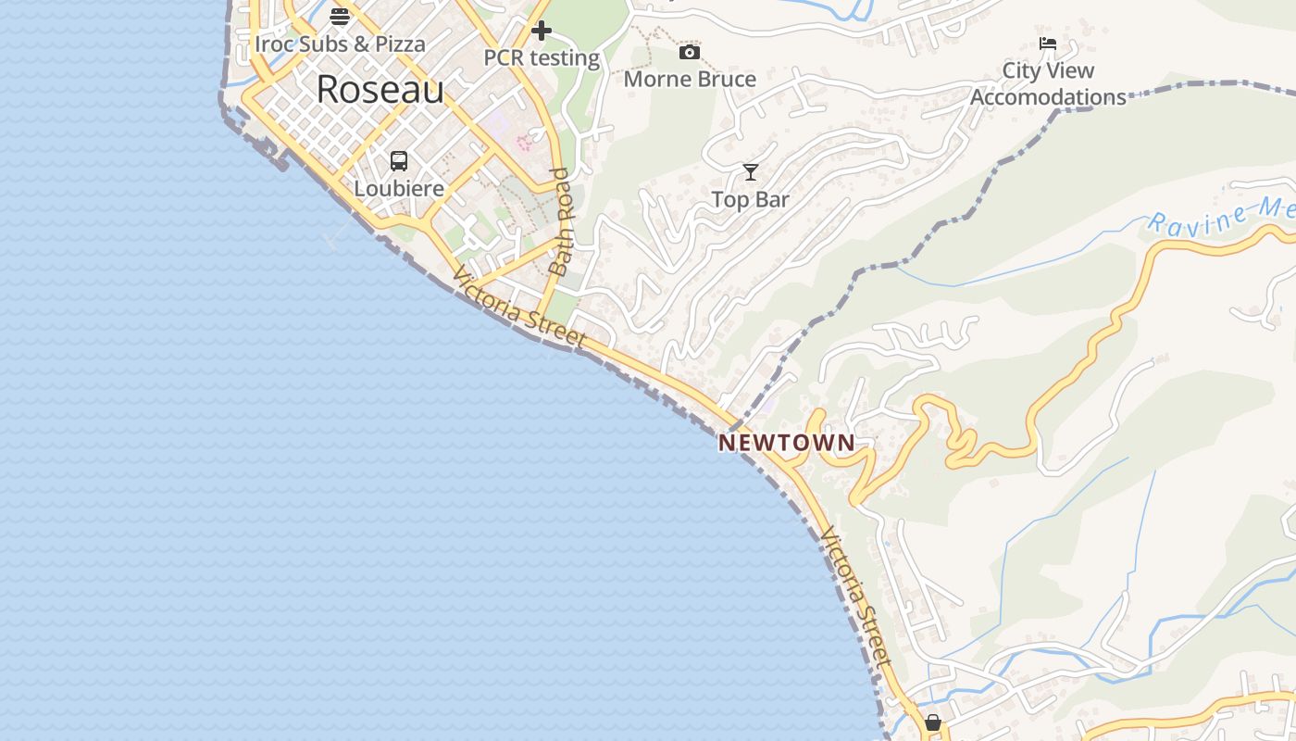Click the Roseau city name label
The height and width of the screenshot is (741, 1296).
click(380, 90)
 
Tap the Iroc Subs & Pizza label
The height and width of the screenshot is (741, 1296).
click(340, 44)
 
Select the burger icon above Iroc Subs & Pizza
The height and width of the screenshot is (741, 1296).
click(340, 16)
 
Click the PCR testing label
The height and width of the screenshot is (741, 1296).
click(542, 57)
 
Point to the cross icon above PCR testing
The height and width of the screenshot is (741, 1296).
click(542, 31)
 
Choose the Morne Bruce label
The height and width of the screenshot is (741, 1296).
click(690, 79)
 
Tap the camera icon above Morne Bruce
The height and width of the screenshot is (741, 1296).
click(690, 52)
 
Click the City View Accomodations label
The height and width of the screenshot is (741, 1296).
click(1048, 83)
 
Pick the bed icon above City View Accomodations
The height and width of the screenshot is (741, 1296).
click(1048, 44)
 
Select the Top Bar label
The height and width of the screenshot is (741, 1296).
click(750, 199)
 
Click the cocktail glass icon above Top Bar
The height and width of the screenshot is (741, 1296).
click(750, 172)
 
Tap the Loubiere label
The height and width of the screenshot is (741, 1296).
click(399, 188)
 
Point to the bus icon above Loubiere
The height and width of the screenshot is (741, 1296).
click(399, 161)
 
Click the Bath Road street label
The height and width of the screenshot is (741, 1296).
click(563, 222)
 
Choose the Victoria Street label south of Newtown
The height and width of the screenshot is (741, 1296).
click(855, 597)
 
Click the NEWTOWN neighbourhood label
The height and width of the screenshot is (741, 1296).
click(787, 443)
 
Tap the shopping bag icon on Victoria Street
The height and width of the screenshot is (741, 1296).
click(932, 722)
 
